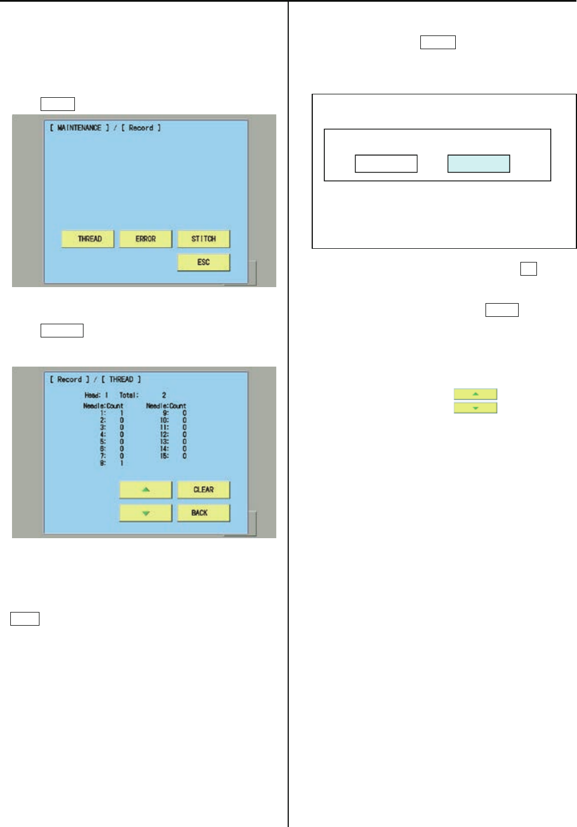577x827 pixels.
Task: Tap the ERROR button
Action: point(146,239)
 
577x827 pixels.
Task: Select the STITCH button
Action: point(204,239)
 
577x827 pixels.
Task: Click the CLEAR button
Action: point(204,490)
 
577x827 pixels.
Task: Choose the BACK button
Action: point(204,513)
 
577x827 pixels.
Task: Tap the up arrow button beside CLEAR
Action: point(146,490)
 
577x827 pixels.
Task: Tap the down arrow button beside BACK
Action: point(146,513)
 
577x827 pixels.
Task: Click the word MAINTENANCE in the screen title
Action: point(79,128)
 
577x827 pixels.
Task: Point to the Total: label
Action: point(129,395)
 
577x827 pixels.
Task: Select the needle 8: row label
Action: point(103,463)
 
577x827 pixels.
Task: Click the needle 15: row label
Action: point(164,456)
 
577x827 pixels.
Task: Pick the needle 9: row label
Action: point(166,413)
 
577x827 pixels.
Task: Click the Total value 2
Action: point(164,395)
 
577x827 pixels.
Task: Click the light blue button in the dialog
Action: point(479,164)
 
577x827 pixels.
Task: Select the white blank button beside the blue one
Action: point(386,164)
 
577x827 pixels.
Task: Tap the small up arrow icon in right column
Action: point(475,394)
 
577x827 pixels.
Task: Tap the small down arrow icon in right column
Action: point(475,408)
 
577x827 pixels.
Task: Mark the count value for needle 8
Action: point(122,463)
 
